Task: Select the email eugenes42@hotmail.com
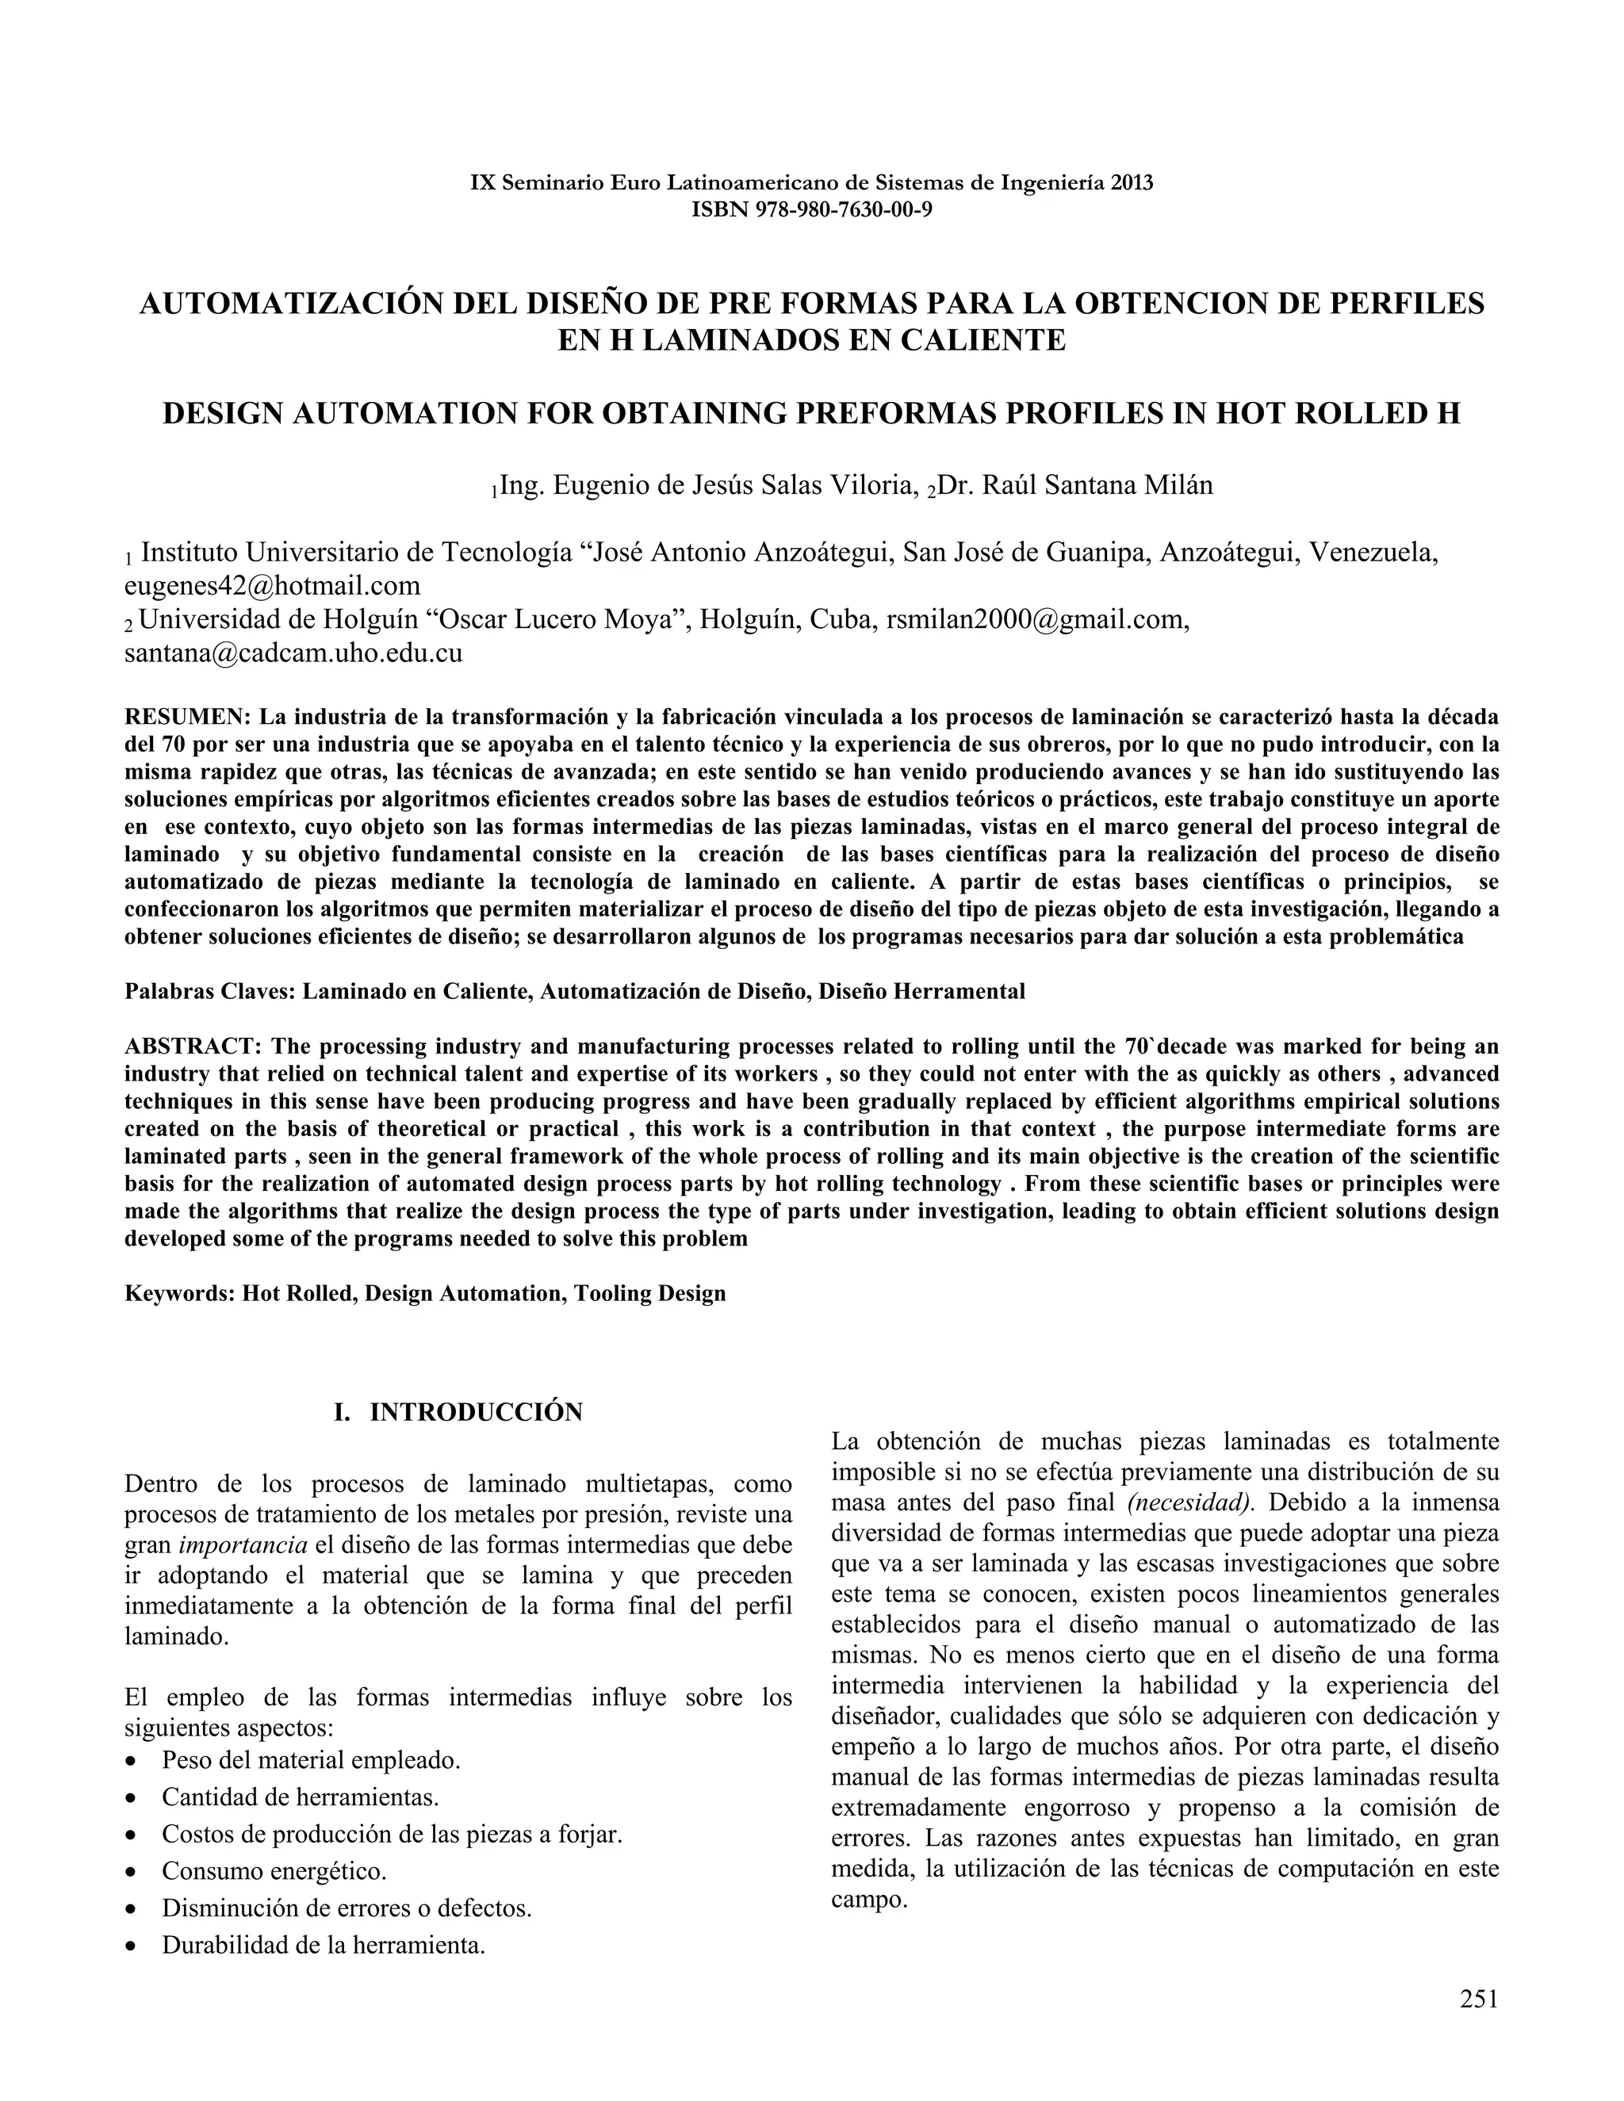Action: coord(272,586)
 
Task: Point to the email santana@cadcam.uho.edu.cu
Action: coord(293,653)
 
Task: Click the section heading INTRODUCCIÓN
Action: coord(477,1412)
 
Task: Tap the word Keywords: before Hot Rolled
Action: coord(180,1293)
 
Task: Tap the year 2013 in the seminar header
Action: coord(1132,183)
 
